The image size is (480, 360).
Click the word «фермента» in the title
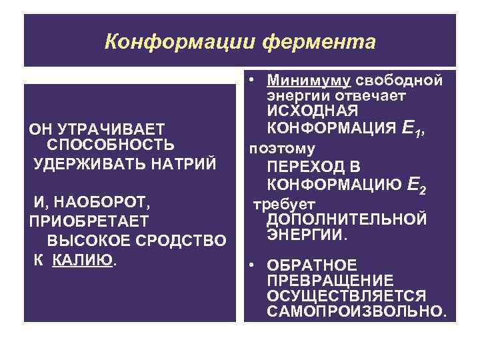click(x=320, y=42)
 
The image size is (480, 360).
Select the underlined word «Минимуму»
click(x=308, y=81)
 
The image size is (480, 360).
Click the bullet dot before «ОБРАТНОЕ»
click(x=253, y=264)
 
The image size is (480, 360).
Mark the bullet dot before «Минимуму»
click(x=253, y=81)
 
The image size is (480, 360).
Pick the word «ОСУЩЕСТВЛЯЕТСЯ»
click(x=346, y=295)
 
